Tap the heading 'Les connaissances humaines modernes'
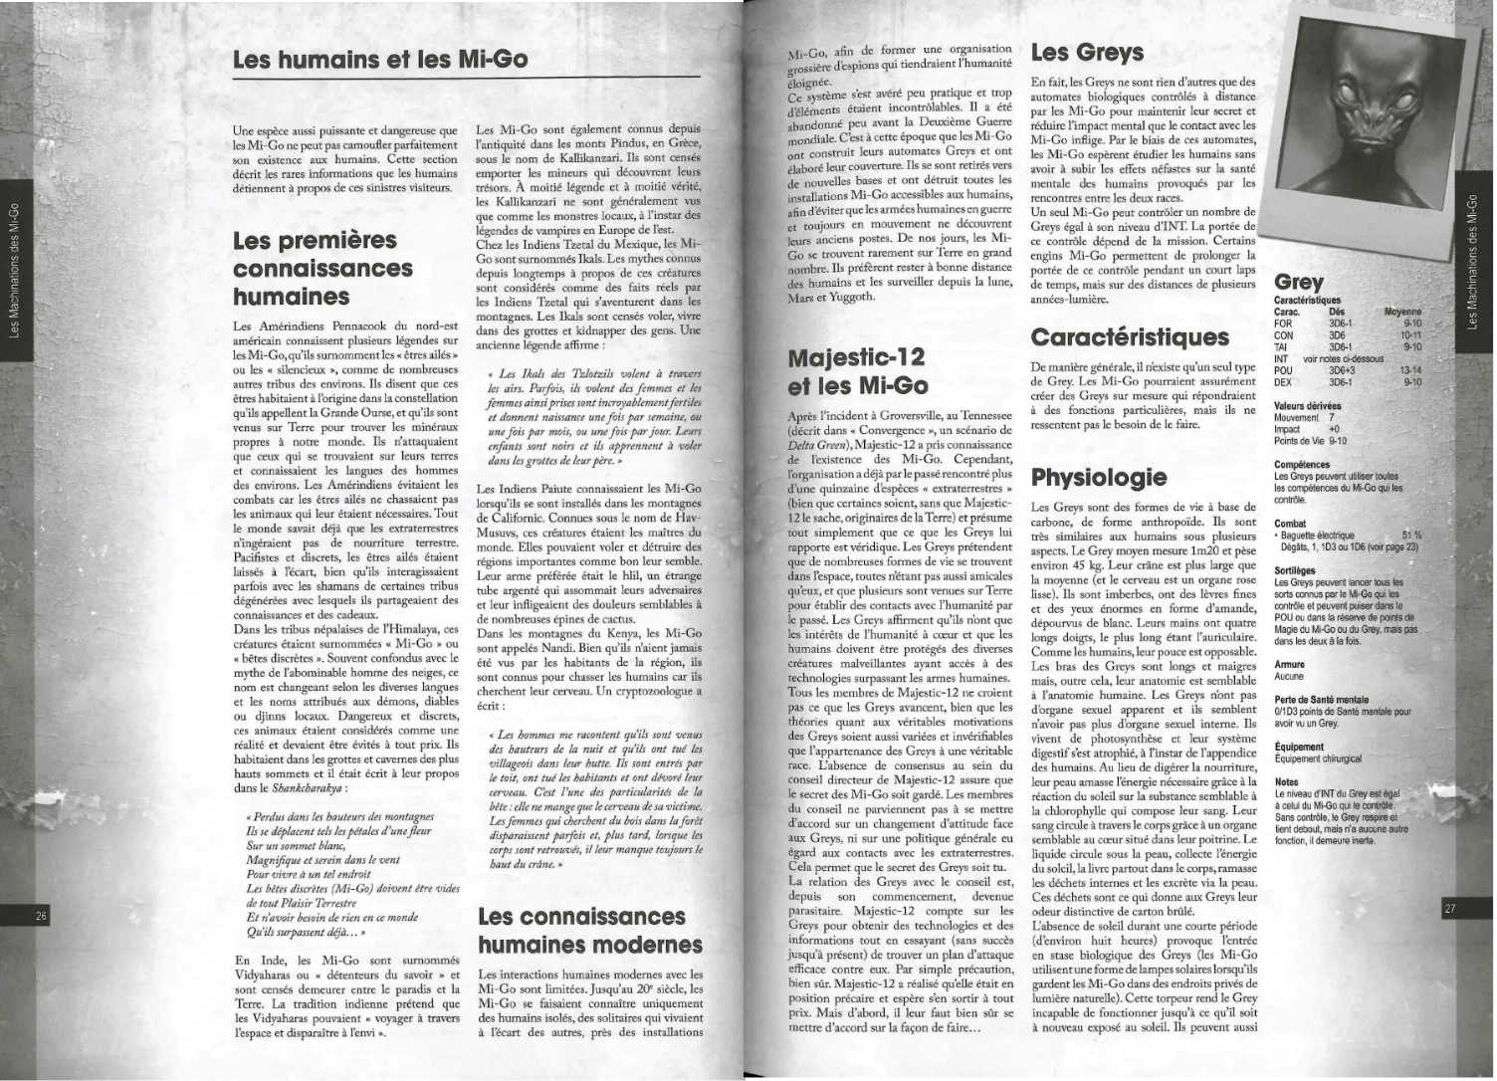click(589, 930)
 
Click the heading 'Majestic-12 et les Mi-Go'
click(857, 370)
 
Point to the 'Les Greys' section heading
click(1087, 52)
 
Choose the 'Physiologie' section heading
click(1098, 477)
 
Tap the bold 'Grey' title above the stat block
click(1298, 282)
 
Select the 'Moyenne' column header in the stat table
click(1402, 312)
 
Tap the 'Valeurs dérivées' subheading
click(1307, 406)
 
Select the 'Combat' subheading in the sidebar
click(1290, 523)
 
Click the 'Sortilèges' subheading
click(1294, 571)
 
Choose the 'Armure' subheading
click(1289, 664)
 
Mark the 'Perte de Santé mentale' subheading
click(1320, 700)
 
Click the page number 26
click(42, 917)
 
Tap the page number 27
click(1449, 908)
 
